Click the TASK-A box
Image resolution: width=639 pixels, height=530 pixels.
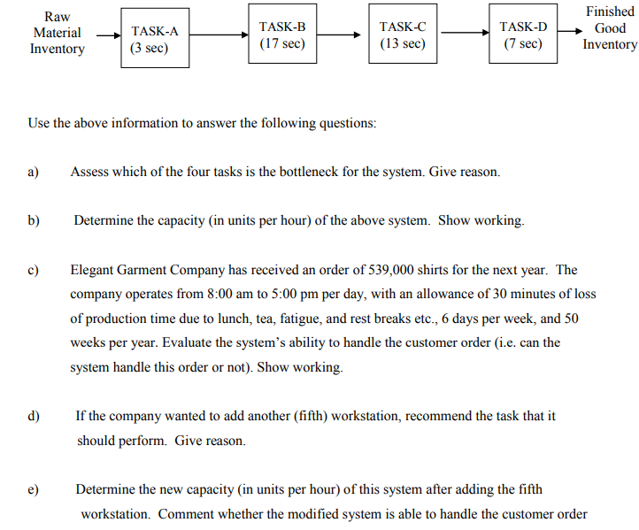tap(155, 40)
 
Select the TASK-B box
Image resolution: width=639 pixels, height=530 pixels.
tap(282, 35)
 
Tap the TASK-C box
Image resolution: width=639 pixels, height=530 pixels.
tap(403, 35)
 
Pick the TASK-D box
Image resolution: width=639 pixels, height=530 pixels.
tap(523, 35)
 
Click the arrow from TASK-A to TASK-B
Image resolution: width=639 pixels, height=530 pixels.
tap(217, 36)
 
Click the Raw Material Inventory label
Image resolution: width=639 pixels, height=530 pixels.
tap(57, 34)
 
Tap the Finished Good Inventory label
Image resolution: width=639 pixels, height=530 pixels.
tap(610, 27)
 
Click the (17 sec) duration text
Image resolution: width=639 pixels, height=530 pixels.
tap(282, 43)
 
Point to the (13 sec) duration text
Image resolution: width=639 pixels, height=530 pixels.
tap(403, 43)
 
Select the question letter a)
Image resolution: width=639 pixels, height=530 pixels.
tap(35, 172)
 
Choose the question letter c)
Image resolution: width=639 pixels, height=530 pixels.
tap(35, 270)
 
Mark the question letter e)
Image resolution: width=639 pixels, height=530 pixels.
tap(35, 488)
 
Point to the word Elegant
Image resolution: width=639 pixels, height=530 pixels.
tap(95, 270)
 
